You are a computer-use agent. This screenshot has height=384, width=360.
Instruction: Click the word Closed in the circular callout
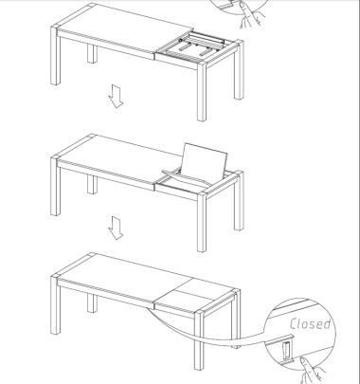310,323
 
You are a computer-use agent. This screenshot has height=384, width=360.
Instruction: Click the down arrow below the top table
116,96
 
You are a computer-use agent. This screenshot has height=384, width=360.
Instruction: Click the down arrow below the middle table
116,228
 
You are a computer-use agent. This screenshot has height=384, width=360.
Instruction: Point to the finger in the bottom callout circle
311,371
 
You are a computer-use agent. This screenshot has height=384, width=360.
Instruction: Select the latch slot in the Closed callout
287,351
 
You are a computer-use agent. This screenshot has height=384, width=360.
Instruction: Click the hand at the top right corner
250,15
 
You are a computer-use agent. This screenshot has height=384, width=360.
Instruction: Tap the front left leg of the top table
55,56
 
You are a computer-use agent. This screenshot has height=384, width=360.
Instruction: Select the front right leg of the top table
202,91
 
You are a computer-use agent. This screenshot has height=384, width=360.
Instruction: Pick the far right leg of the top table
239,70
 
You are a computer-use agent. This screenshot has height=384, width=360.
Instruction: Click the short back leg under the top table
92,54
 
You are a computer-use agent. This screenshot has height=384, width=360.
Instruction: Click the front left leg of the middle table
55,187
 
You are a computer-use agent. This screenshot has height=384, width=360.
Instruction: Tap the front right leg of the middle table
202,222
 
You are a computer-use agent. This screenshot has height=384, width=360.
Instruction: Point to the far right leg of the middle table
239,201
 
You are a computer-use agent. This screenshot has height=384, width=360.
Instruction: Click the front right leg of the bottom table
199,340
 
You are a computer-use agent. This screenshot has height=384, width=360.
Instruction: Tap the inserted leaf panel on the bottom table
194,296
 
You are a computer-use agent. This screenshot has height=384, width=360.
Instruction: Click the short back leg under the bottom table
92,303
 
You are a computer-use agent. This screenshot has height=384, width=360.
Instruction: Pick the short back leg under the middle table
92,185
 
